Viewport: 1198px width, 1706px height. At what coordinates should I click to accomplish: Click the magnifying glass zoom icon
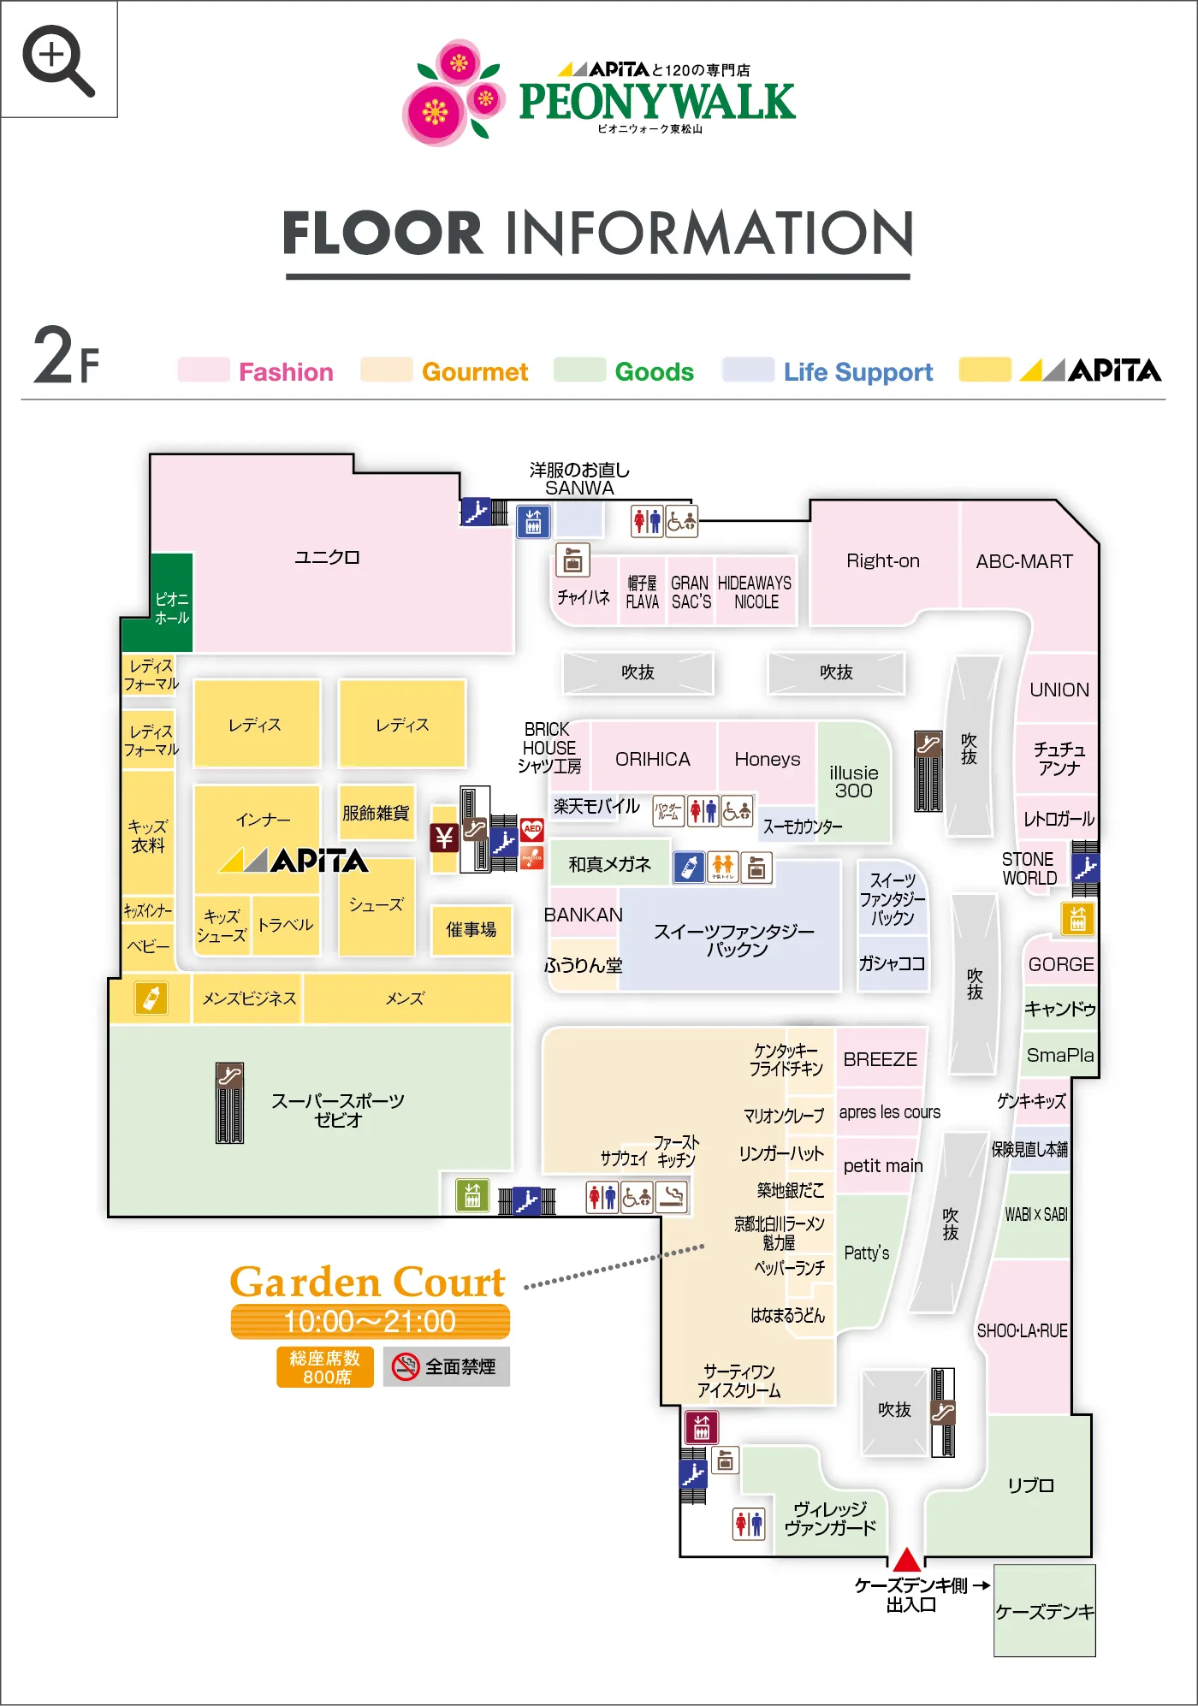click(58, 59)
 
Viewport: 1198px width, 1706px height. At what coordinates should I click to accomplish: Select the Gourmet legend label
click(475, 372)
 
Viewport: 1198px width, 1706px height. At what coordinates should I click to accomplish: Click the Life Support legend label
click(857, 372)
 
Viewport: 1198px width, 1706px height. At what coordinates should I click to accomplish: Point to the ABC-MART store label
click(1024, 561)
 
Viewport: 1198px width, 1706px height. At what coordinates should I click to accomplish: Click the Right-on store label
click(883, 561)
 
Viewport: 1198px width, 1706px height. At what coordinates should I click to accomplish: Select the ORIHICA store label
click(653, 759)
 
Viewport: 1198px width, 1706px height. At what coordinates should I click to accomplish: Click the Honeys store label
click(768, 759)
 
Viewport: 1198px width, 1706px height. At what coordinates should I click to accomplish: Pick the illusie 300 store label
click(853, 781)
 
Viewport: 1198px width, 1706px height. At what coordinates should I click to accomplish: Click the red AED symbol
click(532, 828)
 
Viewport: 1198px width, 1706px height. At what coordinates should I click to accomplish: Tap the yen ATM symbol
click(444, 838)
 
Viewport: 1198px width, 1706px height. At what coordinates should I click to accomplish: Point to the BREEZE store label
click(880, 1059)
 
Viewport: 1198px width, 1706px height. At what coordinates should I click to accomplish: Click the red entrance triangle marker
click(906, 1560)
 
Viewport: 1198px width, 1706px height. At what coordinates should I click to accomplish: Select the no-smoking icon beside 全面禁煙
click(405, 1366)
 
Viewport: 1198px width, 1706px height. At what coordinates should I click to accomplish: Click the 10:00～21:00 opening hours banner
click(370, 1322)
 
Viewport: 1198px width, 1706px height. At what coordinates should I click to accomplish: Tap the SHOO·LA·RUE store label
click(1022, 1331)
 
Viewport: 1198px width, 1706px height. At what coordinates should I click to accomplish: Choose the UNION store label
click(1059, 690)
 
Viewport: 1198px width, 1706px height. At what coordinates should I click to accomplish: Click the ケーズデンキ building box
click(1044, 1611)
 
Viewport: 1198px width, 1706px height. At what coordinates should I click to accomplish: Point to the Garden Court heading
click(368, 1282)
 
